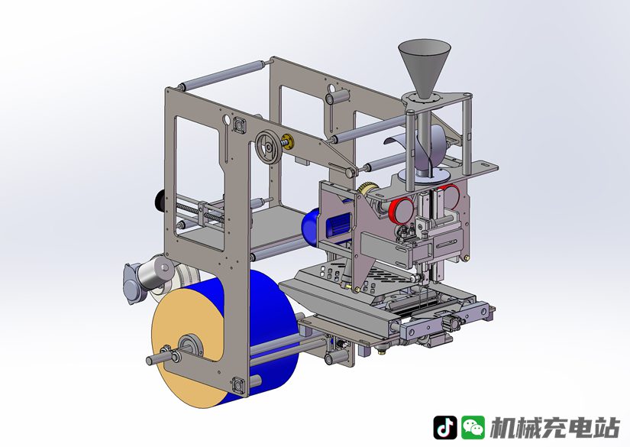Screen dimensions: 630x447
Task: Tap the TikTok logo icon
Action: [x=444, y=427]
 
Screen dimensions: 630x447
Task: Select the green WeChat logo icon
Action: [x=473, y=427]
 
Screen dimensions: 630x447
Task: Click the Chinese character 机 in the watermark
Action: [x=503, y=427]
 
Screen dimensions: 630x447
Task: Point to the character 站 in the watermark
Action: [x=606, y=427]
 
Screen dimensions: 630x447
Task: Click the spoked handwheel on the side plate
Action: [x=268, y=147]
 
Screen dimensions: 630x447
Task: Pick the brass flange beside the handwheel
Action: [x=288, y=141]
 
